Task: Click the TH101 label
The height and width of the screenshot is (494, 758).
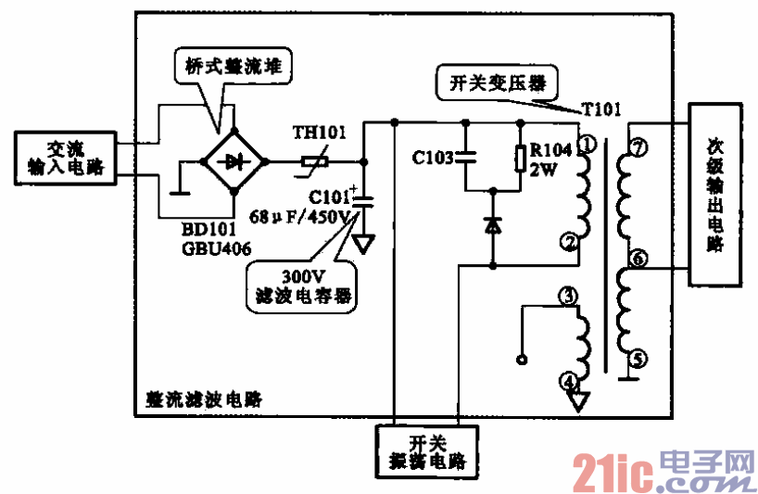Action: point(319,132)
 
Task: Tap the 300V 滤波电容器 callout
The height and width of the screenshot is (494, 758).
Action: point(301,285)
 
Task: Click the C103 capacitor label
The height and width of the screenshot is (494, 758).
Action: point(433,158)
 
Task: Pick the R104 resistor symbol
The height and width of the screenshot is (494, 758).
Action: point(520,160)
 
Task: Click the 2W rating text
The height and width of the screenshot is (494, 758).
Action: point(543,171)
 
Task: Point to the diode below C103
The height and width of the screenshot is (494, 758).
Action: point(492,225)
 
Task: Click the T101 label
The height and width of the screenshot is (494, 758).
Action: point(600,110)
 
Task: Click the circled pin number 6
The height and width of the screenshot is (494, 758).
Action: point(636,258)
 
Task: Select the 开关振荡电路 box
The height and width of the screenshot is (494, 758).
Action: point(426,450)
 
